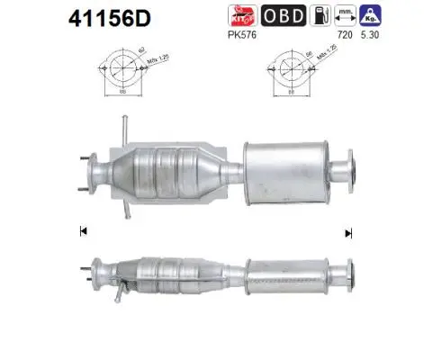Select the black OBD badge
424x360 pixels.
(x=283, y=16)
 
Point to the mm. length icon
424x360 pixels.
(x=343, y=16)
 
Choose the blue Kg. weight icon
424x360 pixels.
(x=369, y=16)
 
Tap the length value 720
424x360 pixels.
(x=343, y=34)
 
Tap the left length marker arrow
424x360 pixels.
(x=84, y=232)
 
